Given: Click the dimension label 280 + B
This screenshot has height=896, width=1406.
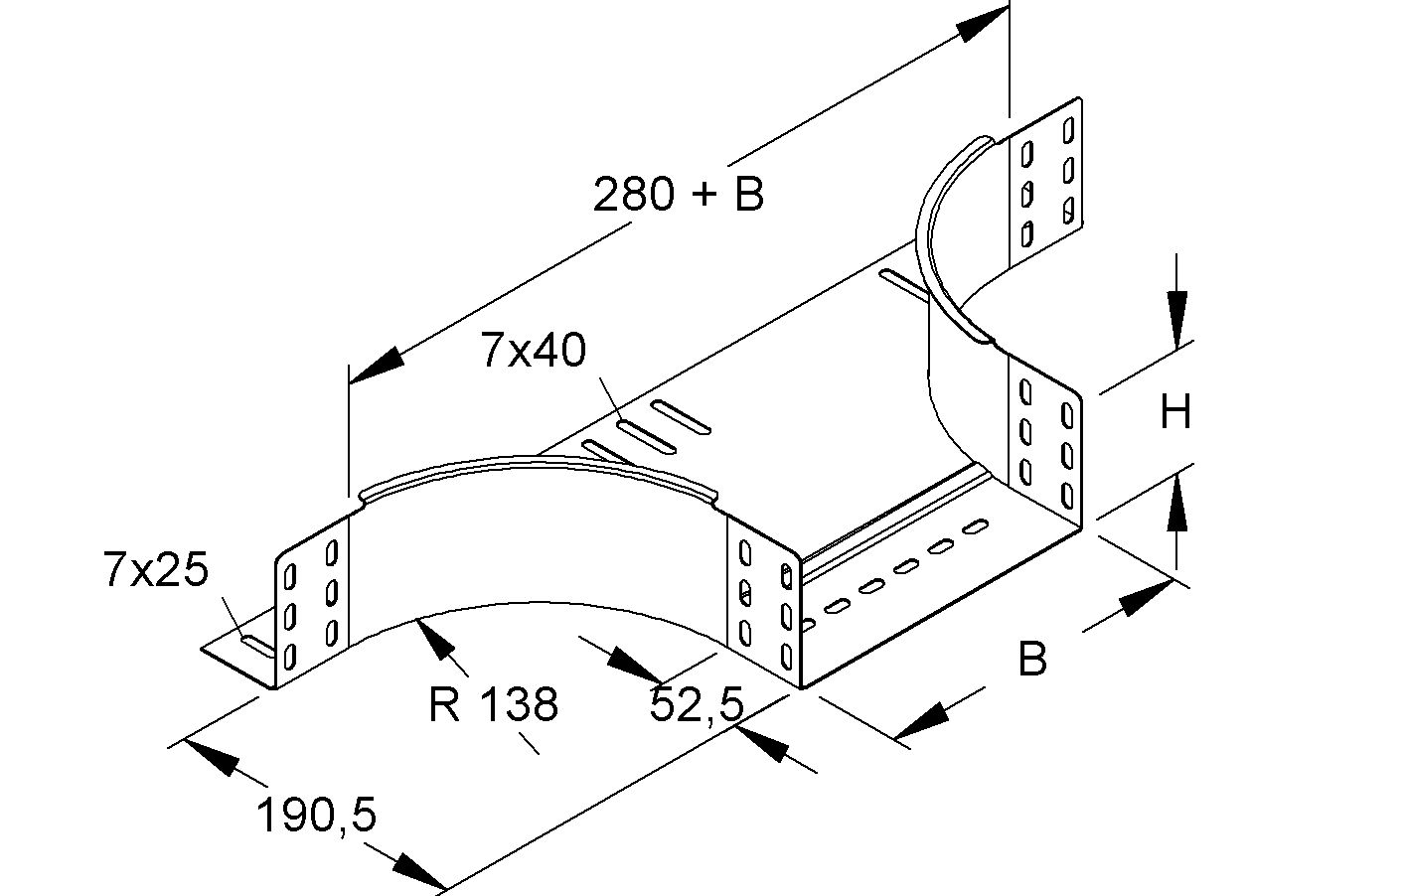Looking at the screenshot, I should [678, 194].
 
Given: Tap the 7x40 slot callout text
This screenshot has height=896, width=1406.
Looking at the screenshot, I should [534, 351].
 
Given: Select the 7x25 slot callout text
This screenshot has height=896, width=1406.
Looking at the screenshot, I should [156, 571].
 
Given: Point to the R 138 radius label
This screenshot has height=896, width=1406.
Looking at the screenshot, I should [493, 704].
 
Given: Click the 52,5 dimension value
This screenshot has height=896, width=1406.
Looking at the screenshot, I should [697, 704].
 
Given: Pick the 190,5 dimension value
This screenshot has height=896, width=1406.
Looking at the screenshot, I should [317, 816].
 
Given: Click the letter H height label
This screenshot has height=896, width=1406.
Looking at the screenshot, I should [1175, 411].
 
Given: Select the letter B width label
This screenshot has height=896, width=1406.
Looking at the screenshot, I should [1032, 659].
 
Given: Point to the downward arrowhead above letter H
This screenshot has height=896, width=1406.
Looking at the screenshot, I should [1176, 318].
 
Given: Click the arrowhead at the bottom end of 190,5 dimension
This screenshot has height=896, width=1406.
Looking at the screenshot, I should [416, 872].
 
